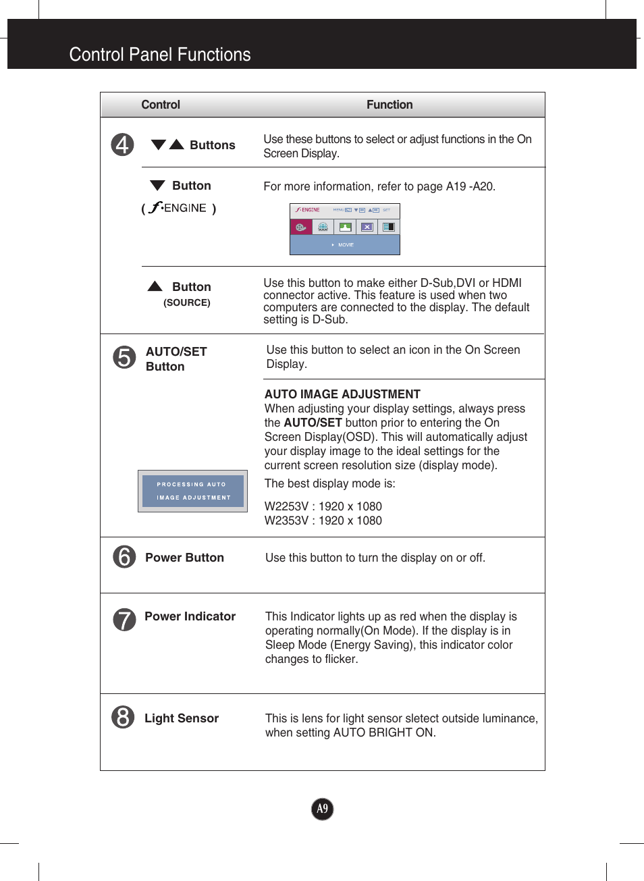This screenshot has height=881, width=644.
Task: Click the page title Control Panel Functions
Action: point(160,55)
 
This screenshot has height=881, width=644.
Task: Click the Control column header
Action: point(161,105)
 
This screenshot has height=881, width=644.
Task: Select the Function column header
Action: point(390,105)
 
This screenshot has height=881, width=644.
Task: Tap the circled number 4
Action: point(122,144)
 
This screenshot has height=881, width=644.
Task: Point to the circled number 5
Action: point(124,357)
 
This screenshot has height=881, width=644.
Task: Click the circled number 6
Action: point(124,557)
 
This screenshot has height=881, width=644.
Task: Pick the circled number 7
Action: point(124,619)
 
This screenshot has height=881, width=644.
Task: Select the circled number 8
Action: point(123,717)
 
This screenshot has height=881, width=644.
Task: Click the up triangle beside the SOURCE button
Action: point(155,286)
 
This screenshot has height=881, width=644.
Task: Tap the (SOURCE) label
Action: point(186,302)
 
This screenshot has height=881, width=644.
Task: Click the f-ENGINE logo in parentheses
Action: point(179,208)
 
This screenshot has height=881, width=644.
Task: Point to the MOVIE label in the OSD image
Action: point(346,245)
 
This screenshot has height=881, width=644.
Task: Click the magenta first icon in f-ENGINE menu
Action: point(301,227)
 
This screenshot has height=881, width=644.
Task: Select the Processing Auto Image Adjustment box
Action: point(193,491)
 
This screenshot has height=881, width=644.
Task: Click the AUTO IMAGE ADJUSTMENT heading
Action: point(342,394)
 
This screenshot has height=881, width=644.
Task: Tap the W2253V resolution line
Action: point(323,506)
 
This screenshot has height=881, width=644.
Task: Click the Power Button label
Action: point(184,558)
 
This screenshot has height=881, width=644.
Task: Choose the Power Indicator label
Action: point(190,616)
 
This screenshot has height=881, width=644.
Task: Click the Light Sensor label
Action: point(182,718)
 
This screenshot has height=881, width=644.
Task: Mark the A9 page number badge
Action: point(323,809)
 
